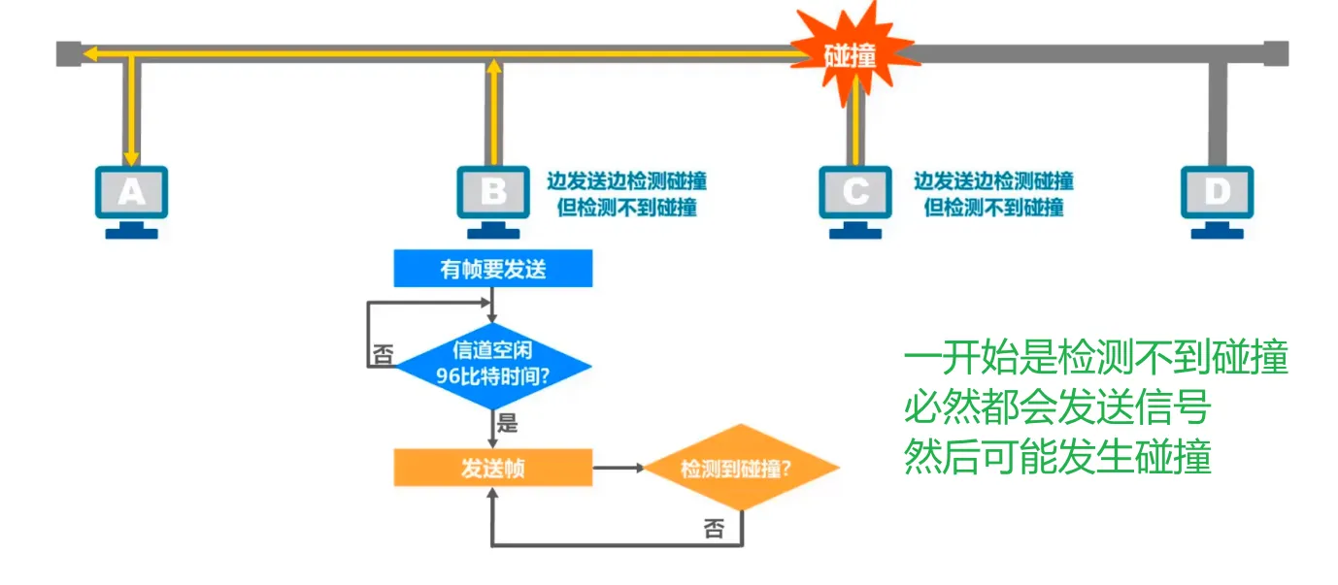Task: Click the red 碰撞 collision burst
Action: point(851,54)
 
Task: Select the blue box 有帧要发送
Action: point(493,269)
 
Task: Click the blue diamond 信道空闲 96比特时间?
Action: point(493,362)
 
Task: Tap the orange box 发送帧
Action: point(493,468)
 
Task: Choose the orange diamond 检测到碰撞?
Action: point(742,468)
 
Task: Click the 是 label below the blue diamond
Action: point(507,423)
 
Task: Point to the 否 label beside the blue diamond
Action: point(384,356)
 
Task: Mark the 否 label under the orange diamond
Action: point(714,529)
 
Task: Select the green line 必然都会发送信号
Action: point(1057,408)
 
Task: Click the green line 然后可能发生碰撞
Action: point(1057,457)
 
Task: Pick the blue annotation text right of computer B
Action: point(625,193)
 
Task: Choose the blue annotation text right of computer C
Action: point(992,193)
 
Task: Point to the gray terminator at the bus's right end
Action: point(1276,53)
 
